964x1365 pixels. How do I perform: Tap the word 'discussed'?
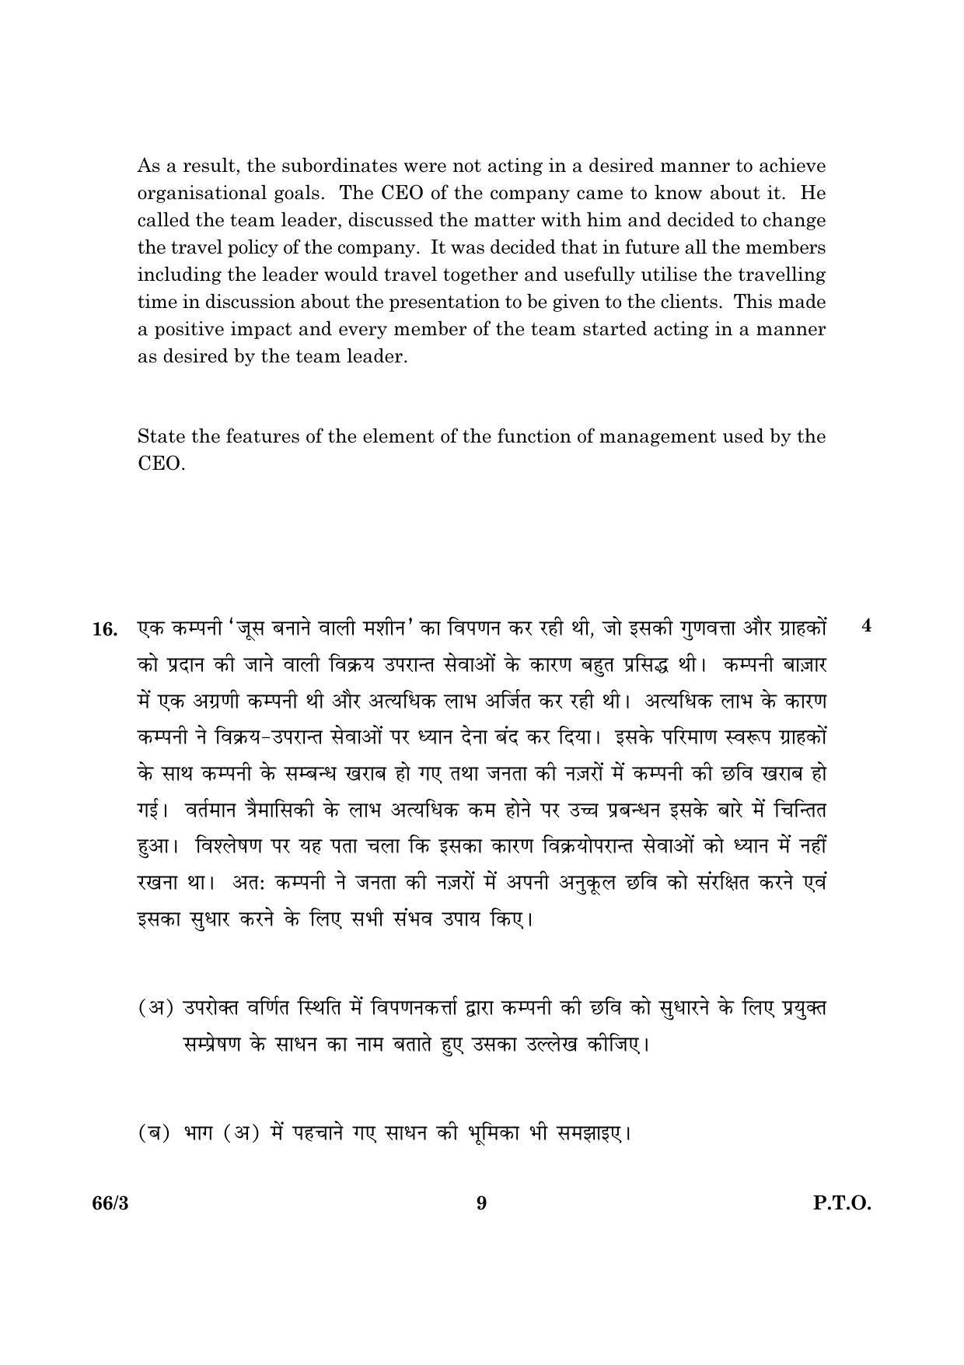tap(395, 220)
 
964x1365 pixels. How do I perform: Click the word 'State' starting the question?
tap(161, 436)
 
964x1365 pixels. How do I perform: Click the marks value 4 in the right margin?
tap(867, 626)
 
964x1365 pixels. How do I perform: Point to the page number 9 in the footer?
tap(481, 1204)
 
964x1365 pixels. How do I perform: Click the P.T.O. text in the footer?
tap(842, 1204)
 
